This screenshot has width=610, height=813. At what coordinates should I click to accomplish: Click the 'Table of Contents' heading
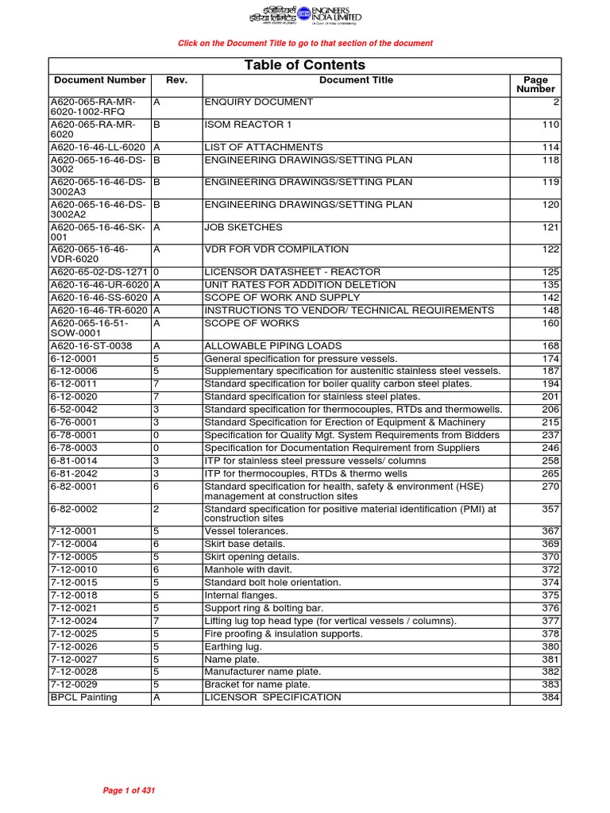(305, 65)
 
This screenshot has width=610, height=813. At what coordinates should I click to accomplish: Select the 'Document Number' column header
(100, 80)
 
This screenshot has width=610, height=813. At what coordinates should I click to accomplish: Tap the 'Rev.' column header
(176, 80)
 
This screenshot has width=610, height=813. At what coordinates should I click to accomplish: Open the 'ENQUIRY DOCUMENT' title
(259, 102)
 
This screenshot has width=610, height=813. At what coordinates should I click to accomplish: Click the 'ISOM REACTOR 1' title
(249, 125)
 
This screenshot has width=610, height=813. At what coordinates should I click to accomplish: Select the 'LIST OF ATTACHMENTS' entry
(264, 148)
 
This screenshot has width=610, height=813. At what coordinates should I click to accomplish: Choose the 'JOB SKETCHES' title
(243, 227)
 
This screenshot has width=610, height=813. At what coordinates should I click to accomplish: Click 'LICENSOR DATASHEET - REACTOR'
(292, 272)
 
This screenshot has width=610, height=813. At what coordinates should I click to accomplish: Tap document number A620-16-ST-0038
(91, 346)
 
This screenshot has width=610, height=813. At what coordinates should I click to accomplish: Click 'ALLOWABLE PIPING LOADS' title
(273, 346)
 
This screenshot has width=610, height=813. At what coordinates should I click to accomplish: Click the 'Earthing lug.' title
(233, 646)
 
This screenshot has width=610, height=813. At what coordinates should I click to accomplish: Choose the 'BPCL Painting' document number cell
(83, 697)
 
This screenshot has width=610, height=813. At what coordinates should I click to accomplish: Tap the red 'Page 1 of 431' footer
(133, 791)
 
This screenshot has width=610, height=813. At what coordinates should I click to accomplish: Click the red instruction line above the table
(305, 43)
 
